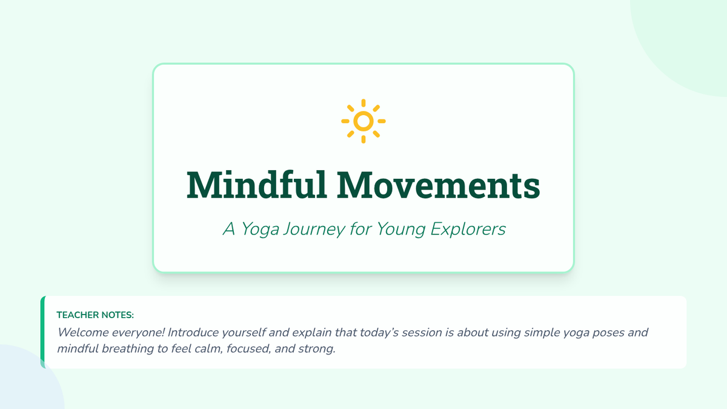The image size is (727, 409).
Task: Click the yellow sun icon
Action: click(363, 121)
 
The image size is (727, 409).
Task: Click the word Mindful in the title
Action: click(257, 184)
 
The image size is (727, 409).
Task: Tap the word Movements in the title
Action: click(439, 185)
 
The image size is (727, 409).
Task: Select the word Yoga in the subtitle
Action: click(260, 230)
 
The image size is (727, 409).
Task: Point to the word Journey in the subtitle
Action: click(314, 230)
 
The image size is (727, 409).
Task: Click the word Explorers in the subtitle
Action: click(468, 230)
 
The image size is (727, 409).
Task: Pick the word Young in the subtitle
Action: click(401, 230)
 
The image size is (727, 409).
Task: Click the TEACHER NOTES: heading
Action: click(95, 315)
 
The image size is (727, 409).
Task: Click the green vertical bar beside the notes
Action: click(42, 332)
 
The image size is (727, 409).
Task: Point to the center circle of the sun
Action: click(363, 121)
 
